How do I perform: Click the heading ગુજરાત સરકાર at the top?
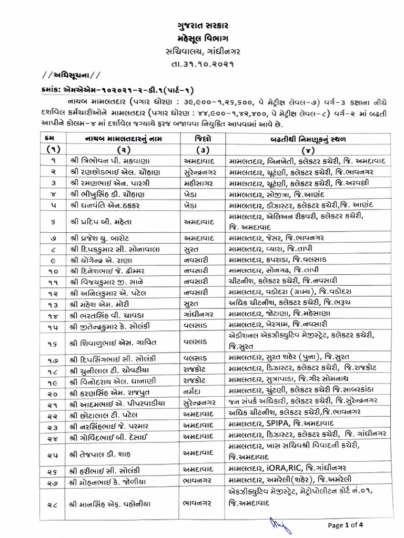click(203, 25)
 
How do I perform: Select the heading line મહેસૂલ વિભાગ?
click(203, 38)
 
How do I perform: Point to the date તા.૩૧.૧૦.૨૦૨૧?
click(203, 64)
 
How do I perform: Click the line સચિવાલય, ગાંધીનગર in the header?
click(203, 51)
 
